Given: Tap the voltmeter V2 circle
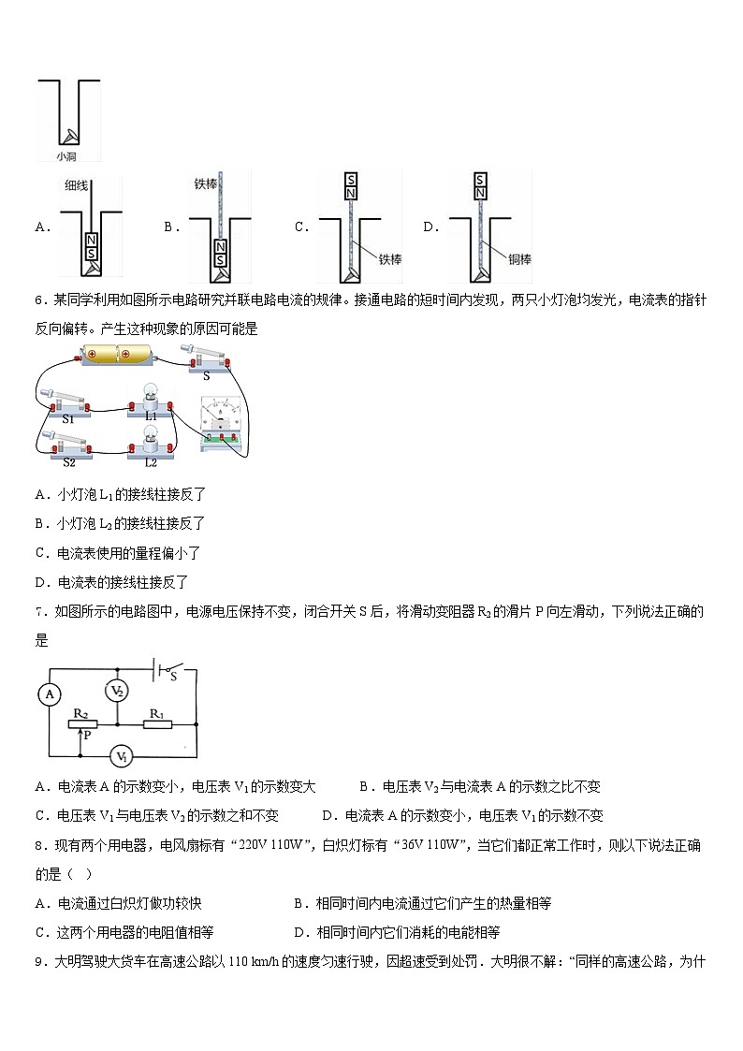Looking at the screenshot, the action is pos(117,692).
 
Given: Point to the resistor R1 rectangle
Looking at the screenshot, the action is pos(158,724).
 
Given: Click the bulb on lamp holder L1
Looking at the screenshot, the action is pos(151,395).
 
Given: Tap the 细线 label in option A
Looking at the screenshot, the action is pos(76,185).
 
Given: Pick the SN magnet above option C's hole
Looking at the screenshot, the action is pos(351,185).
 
